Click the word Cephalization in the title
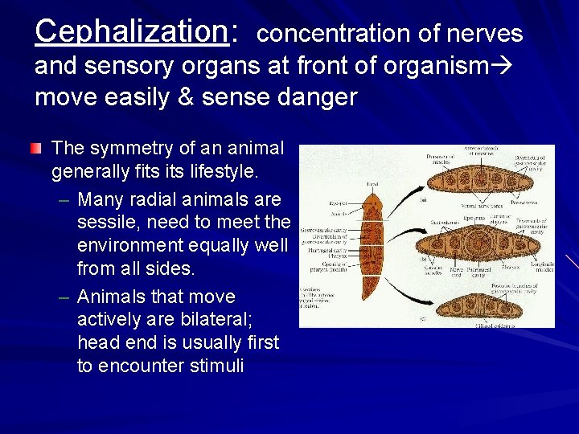pos(131,31)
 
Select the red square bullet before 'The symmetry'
pos(38,149)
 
